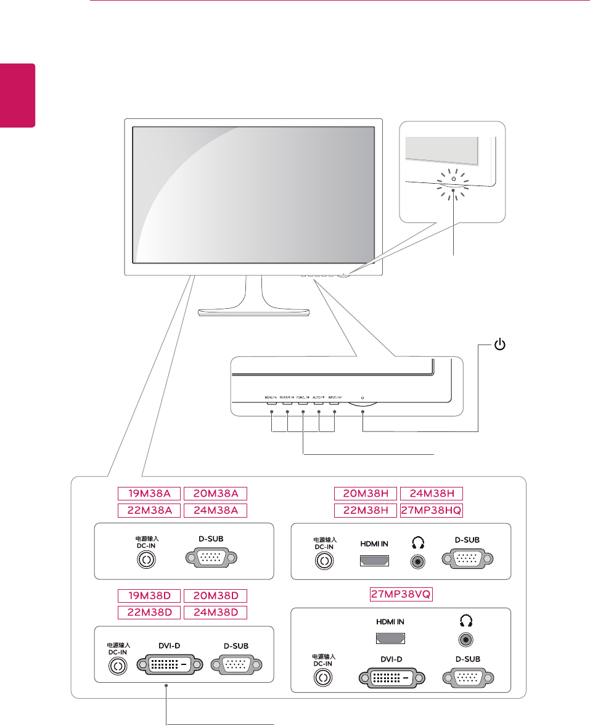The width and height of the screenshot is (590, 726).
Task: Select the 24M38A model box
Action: [215, 510]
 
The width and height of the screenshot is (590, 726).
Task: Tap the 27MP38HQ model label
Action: [431, 510]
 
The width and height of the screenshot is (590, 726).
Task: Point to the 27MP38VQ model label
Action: [400, 594]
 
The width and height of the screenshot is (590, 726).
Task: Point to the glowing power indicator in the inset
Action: [453, 182]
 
